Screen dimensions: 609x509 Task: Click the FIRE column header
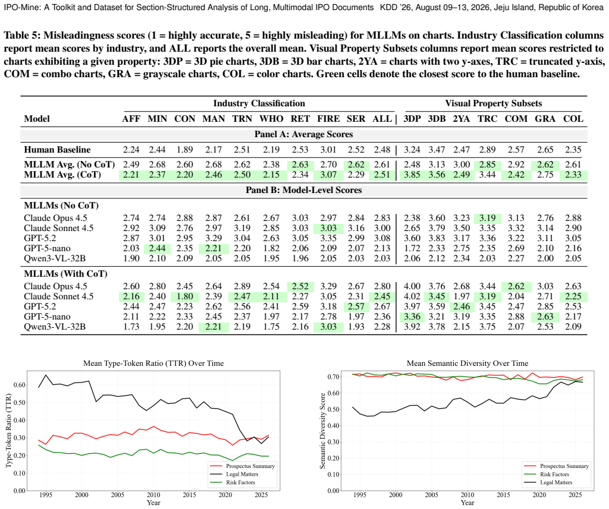[328, 119]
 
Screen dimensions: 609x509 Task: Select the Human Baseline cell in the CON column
[184, 150]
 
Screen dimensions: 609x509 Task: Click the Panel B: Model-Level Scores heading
[304, 190]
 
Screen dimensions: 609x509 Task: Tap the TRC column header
[488, 119]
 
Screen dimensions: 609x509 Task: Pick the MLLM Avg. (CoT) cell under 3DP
[412, 175]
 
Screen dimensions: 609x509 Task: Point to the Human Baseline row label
[57, 150]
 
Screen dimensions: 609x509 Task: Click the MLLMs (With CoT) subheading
[65, 274]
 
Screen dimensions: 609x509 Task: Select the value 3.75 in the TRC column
[487, 327]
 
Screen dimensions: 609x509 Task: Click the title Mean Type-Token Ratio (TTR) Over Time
[153, 363]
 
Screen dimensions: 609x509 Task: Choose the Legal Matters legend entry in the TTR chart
[242, 474]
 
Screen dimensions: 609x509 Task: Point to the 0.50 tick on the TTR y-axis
[20, 403]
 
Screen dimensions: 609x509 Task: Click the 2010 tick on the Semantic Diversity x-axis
[467, 495]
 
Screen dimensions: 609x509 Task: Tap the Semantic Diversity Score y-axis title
[322, 431]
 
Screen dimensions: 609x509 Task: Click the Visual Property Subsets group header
[493, 103]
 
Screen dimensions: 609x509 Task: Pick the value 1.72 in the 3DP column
[412, 248]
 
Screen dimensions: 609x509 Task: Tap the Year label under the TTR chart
[153, 503]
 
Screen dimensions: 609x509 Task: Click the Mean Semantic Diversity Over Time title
[467, 363]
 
